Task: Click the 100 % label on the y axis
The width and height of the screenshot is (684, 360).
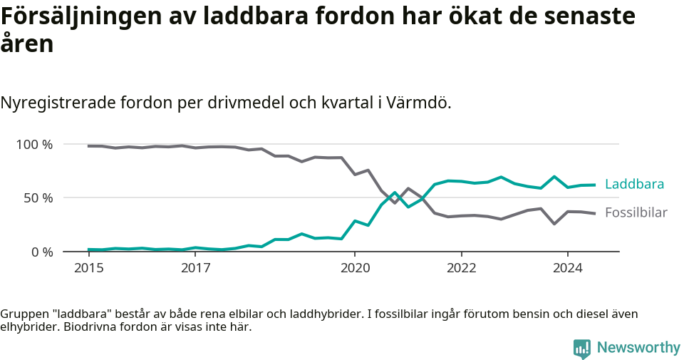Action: tap(34, 145)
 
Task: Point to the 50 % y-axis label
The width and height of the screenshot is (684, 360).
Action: tap(38, 198)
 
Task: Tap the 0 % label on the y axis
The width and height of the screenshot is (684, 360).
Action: tap(41, 252)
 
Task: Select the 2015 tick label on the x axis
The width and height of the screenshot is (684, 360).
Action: tap(89, 268)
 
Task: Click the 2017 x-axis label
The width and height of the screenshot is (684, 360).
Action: tap(195, 268)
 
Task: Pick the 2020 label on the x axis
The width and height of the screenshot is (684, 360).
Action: tap(355, 268)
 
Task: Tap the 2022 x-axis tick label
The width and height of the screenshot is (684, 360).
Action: tap(461, 268)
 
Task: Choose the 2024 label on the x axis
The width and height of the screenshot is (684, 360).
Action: tap(567, 268)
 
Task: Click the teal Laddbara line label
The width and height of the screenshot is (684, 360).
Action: tap(634, 185)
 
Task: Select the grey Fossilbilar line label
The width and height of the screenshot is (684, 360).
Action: tap(636, 212)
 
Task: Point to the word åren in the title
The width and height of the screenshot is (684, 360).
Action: tap(27, 45)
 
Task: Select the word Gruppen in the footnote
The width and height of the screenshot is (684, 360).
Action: tap(21, 314)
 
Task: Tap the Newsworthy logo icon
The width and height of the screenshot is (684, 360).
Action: tap(581, 348)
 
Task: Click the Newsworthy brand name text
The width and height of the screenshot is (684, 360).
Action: tap(638, 348)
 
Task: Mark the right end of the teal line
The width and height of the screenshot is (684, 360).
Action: tap(594, 185)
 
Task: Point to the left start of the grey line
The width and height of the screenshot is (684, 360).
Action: tap(88, 146)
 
